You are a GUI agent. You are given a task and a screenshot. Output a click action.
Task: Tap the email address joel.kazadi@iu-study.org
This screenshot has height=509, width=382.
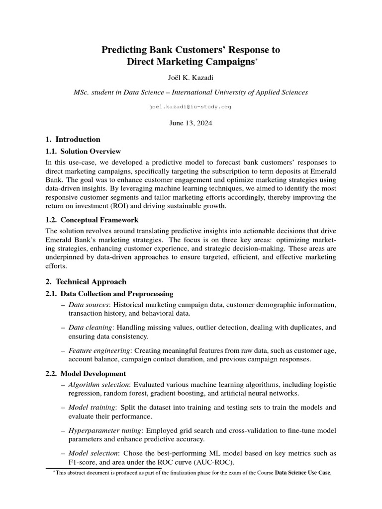point(191,107)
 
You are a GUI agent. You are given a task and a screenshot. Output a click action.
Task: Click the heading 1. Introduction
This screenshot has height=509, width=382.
point(73,139)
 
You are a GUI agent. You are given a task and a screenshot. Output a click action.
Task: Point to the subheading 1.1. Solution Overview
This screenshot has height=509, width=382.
point(83,151)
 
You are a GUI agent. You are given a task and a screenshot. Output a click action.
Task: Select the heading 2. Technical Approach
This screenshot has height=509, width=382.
point(86,281)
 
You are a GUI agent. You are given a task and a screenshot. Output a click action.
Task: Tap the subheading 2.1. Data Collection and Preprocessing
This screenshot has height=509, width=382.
point(109,294)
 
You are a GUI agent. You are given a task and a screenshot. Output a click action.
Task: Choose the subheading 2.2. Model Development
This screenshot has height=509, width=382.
point(86,373)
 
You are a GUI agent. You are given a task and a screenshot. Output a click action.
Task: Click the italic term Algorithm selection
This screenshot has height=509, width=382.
point(98,384)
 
